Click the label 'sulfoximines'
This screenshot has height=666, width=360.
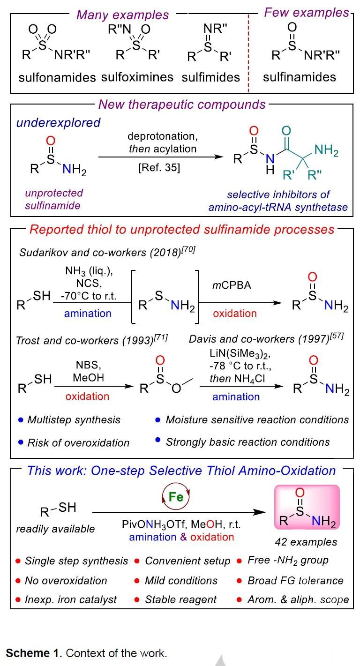pos(137,77)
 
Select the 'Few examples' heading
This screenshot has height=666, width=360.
pos(307,13)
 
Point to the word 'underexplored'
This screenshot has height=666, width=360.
pos(58,123)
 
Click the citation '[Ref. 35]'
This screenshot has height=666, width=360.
pos(159,167)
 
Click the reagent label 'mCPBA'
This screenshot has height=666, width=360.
pos(232,285)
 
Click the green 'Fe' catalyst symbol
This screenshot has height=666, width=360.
pos(176,497)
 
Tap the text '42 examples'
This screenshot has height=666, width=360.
pos(306,542)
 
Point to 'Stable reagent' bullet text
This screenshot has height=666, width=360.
pos(181,599)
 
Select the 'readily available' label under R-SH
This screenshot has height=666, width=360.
pos(55,529)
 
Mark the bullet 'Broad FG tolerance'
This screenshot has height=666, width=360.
pos(295,580)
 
